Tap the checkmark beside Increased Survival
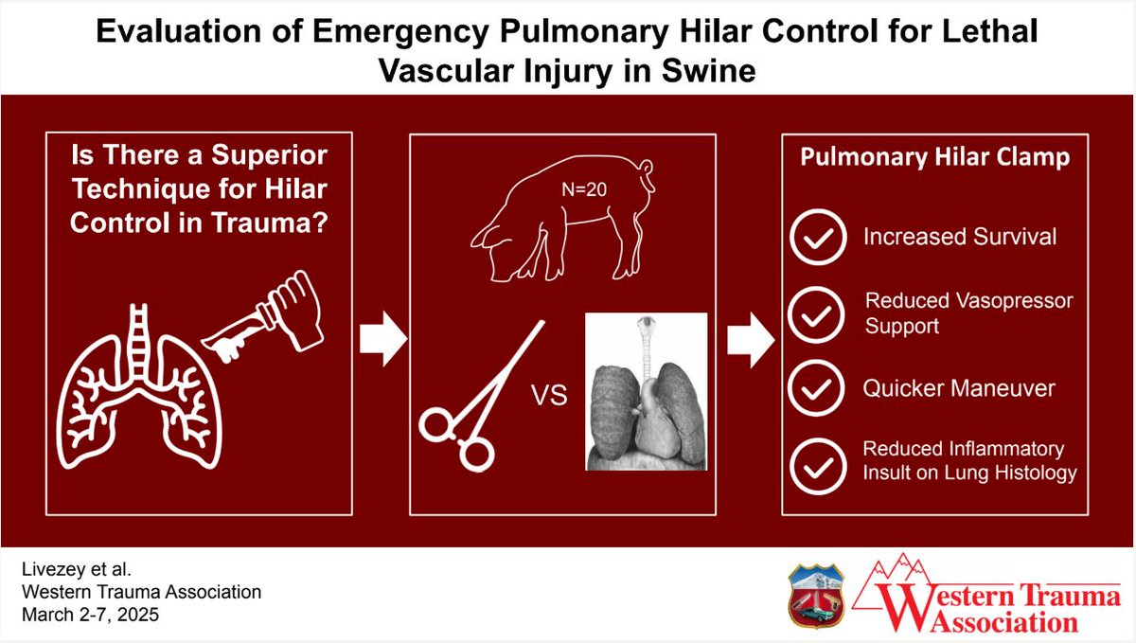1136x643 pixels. click(x=818, y=238)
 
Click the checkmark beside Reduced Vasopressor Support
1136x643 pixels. click(x=818, y=313)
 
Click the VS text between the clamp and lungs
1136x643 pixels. click(x=549, y=395)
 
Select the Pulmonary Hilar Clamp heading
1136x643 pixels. click(x=934, y=156)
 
